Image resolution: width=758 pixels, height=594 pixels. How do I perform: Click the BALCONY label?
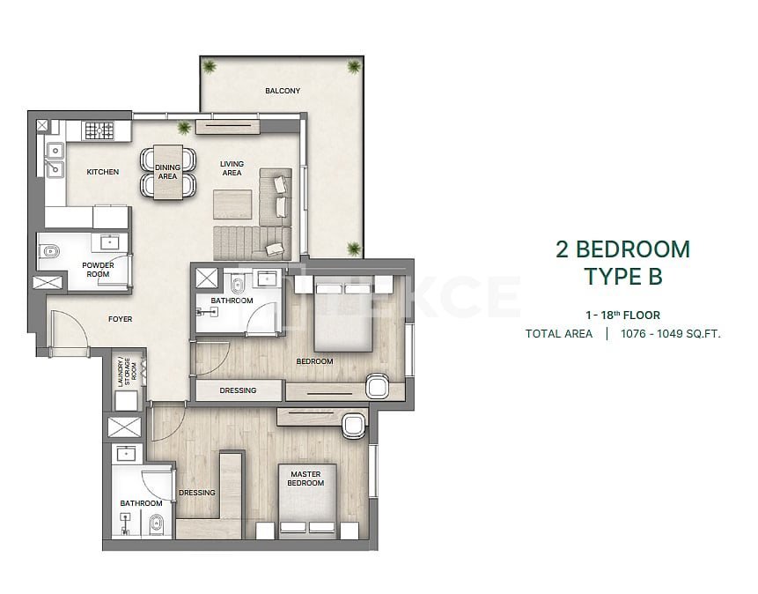pyautogui.click(x=283, y=91)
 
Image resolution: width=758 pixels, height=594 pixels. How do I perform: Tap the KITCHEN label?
pyautogui.click(x=102, y=172)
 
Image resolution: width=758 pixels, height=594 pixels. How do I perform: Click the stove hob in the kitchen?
pyautogui.click(x=99, y=130)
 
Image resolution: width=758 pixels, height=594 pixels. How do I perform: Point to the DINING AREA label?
pyautogui.click(x=168, y=172)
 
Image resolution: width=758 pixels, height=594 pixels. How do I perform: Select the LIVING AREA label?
pyautogui.click(x=232, y=168)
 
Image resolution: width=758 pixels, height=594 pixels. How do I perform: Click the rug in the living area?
pyautogui.click(x=232, y=204)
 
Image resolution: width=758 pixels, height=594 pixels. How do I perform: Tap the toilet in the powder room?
pyautogui.click(x=50, y=252)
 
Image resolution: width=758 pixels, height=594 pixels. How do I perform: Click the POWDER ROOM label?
pyautogui.click(x=98, y=270)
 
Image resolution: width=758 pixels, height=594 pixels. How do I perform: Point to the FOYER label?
pyautogui.click(x=120, y=319)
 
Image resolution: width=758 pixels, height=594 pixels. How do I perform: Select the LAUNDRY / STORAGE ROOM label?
pyautogui.click(x=127, y=372)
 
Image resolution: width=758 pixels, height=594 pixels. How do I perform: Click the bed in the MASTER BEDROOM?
pyautogui.click(x=307, y=499)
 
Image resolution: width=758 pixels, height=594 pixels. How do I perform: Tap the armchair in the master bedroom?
pyautogui.click(x=354, y=427)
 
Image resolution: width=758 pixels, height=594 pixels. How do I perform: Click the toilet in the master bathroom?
pyautogui.click(x=156, y=524)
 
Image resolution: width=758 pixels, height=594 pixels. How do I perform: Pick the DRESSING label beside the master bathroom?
pyautogui.click(x=196, y=493)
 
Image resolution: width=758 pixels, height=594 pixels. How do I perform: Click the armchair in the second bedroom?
pyautogui.click(x=379, y=386)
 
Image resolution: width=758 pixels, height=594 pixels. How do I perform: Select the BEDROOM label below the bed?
pyautogui.click(x=314, y=361)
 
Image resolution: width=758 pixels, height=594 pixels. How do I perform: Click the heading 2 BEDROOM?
pyautogui.click(x=622, y=249)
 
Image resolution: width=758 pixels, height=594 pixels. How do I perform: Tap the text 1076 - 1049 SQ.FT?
pyautogui.click(x=671, y=333)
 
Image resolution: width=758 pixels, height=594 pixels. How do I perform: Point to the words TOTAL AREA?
pyautogui.click(x=559, y=333)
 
